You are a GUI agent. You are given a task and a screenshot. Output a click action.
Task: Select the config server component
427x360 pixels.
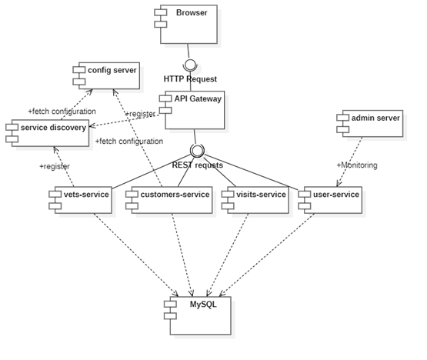coord(107,75)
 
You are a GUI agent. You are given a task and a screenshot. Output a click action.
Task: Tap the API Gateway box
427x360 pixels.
coord(193,109)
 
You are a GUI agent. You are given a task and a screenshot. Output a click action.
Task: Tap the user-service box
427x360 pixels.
coord(331,199)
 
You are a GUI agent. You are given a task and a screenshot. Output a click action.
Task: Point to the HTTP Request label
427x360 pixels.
coord(190,79)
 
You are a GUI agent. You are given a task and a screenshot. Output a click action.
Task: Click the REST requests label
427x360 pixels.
coord(198,165)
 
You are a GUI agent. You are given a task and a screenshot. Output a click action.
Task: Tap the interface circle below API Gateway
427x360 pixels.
coord(198,150)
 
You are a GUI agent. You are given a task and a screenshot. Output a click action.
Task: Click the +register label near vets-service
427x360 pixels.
coord(55,165)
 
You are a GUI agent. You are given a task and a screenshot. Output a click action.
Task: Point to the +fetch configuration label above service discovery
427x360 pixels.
coord(62,111)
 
